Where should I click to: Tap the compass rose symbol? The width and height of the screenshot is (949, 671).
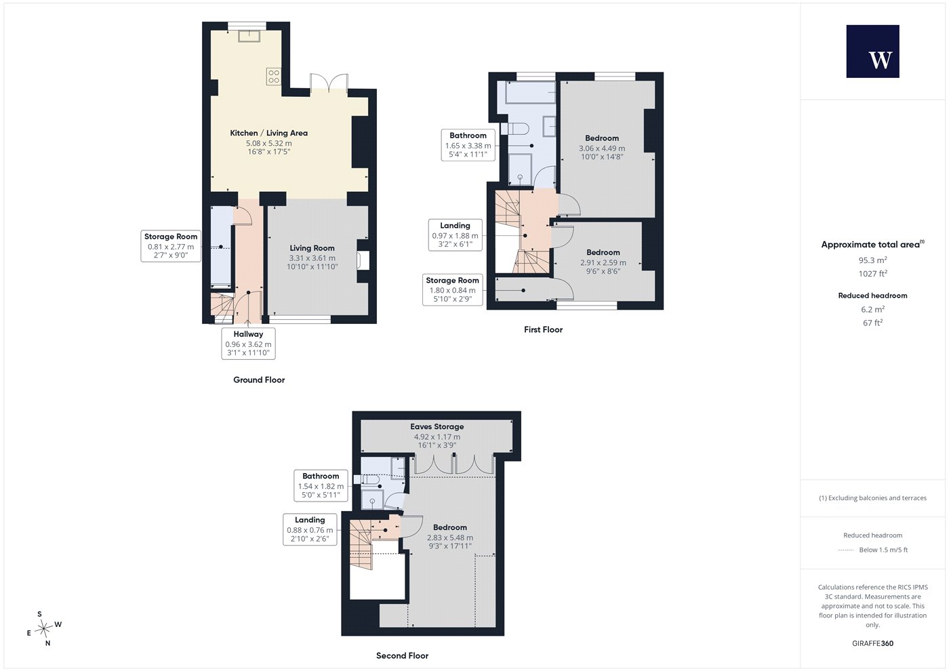pyautogui.click(x=43, y=629)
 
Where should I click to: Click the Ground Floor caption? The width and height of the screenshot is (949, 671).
pyautogui.click(x=259, y=380)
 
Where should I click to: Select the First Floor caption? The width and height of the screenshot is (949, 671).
pyautogui.click(x=543, y=329)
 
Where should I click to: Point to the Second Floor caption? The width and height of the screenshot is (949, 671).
pyautogui.click(x=402, y=656)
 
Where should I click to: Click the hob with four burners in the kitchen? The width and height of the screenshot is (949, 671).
pyautogui.click(x=273, y=76)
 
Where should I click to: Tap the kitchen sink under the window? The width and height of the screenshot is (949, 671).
pyautogui.click(x=249, y=36)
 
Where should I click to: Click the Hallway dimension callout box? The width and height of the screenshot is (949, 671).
pyautogui.click(x=248, y=344)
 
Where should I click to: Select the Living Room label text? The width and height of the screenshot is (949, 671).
pyautogui.click(x=312, y=248)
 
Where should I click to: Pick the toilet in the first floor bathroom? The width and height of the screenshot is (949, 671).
pyautogui.click(x=514, y=129)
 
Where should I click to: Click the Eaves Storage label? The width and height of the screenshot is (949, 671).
pyautogui.click(x=437, y=426)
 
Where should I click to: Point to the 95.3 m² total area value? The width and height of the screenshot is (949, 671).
pyautogui.click(x=873, y=260)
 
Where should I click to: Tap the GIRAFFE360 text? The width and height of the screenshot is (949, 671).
pyautogui.click(x=873, y=643)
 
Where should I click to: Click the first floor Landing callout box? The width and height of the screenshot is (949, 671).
pyautogui.click(x=455, y=235)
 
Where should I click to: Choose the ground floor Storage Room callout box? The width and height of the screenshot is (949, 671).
pyautogui.click(x=171, y=246)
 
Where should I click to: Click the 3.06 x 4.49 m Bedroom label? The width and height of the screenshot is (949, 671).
pyautogui.click(x=602, y=148)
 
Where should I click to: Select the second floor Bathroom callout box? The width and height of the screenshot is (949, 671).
pyautogui.click(x=321, y=486)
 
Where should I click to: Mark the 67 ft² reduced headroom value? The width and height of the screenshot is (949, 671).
pyautogui.click(x=873, y=323)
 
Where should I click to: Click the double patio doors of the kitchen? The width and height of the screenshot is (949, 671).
pyautogui.click(x=329, y=83)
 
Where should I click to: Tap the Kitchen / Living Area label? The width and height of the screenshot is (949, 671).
pyautogui.click(x=268, y=133)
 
